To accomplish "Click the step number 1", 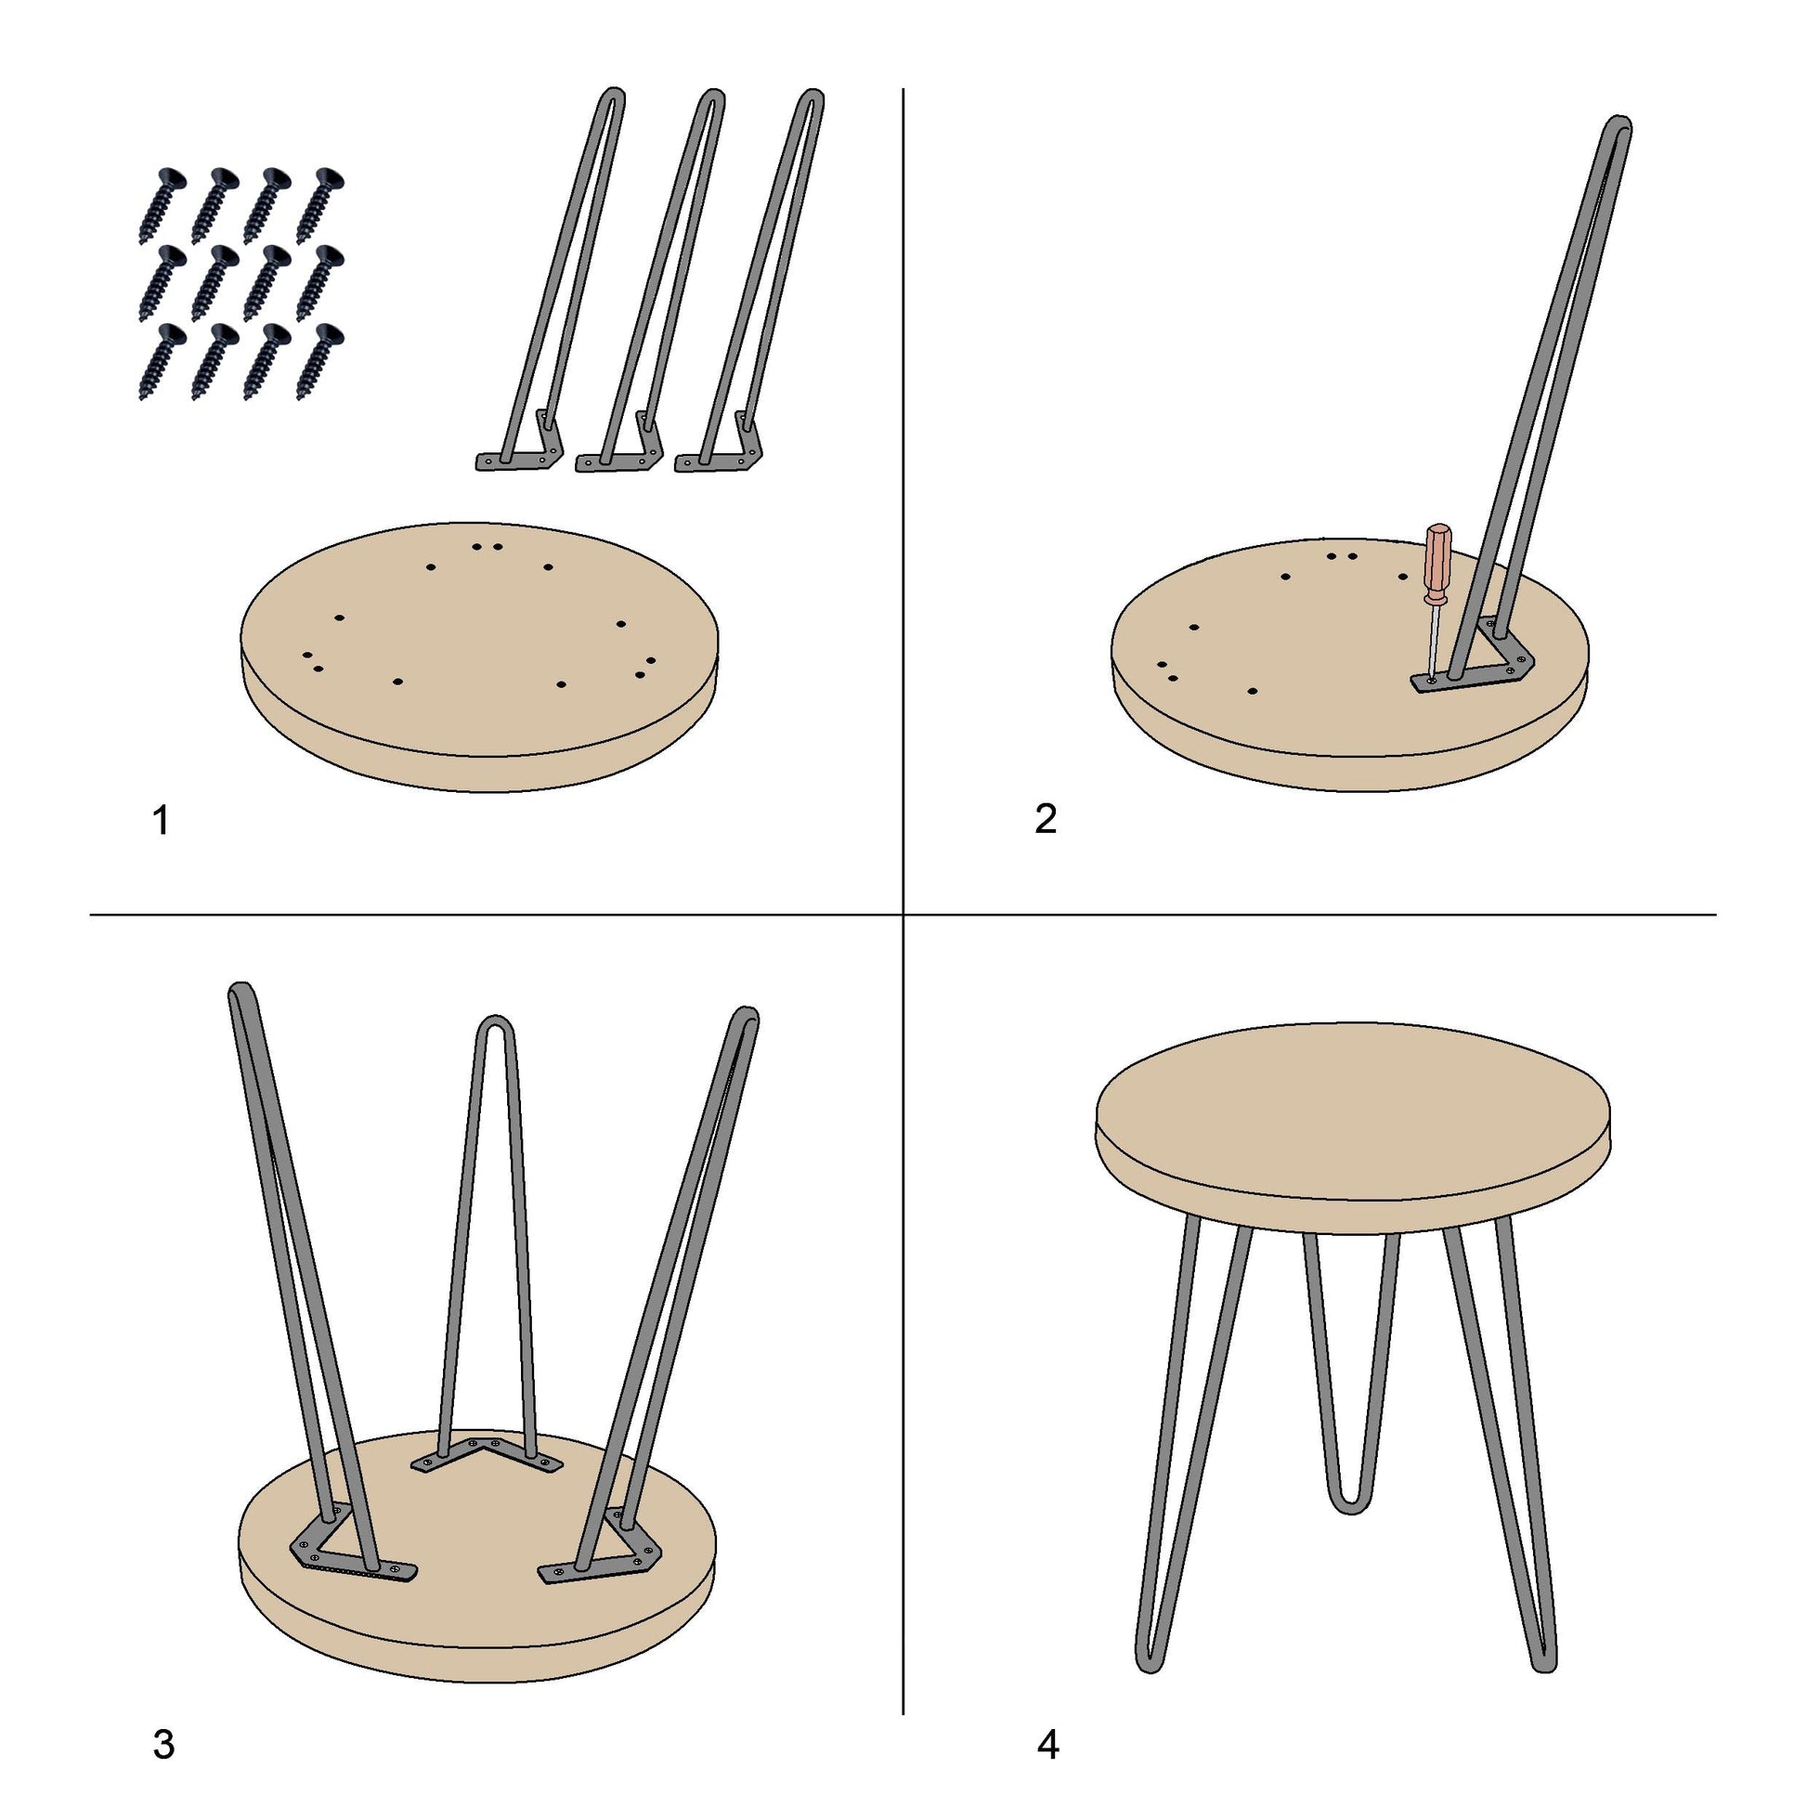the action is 161,820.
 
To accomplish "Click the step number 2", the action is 1046,818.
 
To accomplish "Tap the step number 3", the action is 163,1745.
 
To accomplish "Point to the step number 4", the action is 1048,1745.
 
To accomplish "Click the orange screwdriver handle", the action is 1436,564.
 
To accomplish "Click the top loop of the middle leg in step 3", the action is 497,1025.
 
